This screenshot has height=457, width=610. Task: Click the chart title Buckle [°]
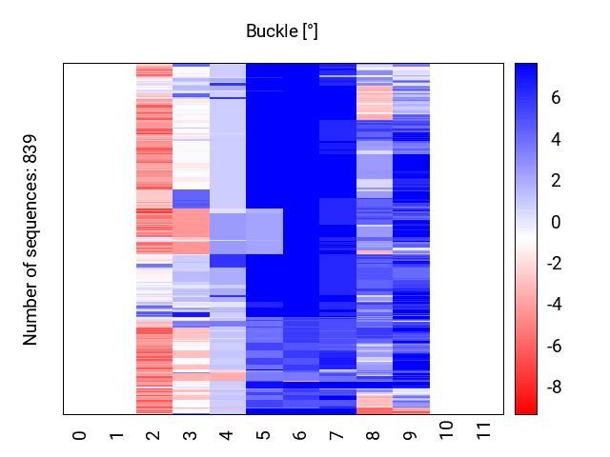point(281,31)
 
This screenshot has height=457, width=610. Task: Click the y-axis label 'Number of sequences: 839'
point(30,239)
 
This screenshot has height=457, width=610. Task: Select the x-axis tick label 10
point(447,439)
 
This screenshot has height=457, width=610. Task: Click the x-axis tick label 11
point(484,439)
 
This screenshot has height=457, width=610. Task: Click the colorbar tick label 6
point(555,98)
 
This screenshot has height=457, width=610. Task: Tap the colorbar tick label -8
point(552,387)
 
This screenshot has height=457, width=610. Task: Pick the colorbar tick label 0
point(555,222)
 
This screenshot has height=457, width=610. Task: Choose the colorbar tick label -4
point(552,305)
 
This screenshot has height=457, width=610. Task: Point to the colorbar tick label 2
point(555,181)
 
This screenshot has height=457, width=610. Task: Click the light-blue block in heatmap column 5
point(264,231)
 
